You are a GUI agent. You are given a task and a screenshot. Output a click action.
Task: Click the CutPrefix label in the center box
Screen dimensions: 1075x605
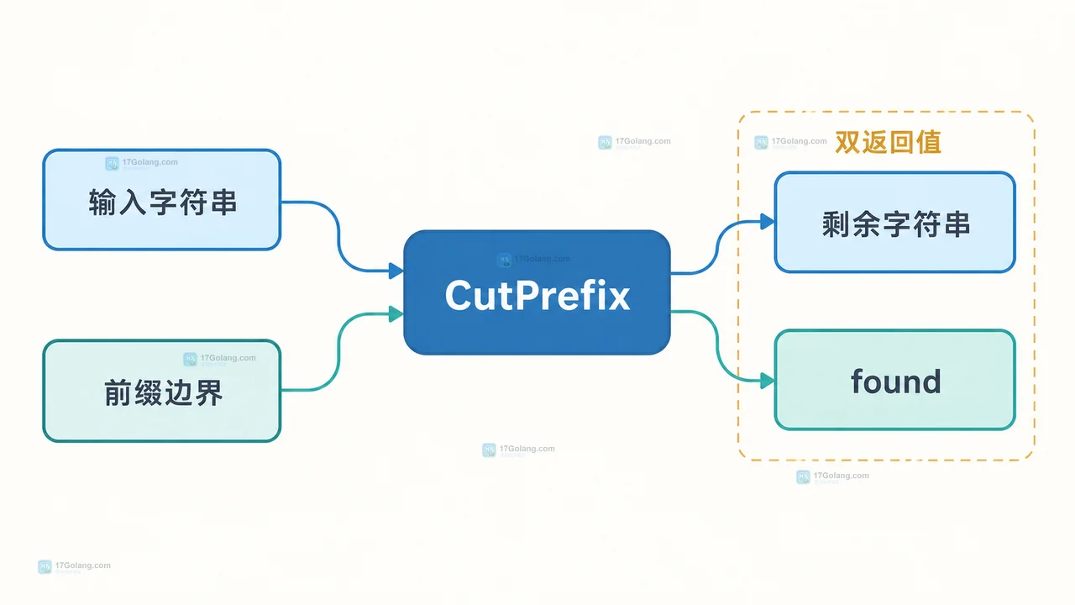pos(537,295)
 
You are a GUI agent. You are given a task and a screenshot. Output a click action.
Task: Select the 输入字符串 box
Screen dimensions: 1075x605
pos(162,199)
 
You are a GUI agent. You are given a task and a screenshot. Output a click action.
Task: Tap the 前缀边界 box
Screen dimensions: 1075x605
pos(162,391)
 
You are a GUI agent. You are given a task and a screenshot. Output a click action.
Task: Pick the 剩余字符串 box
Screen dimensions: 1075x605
pos(894,222)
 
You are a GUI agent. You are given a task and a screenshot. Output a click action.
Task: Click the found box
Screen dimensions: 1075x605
pos(894,380)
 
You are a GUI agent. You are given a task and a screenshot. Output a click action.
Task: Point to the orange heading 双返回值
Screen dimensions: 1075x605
pos(888,142)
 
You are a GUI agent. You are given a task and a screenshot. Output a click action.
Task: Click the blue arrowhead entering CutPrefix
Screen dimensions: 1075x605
pos(396,271)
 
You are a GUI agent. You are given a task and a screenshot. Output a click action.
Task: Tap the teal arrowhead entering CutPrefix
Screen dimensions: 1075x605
pos(396,314)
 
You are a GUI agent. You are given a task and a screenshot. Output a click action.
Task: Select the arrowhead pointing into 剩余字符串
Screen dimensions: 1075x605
pos(768,222)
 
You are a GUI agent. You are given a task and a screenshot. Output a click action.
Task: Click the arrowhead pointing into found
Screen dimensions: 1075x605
pos(768,381)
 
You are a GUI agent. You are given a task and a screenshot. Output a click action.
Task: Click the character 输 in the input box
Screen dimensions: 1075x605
pos(102,203)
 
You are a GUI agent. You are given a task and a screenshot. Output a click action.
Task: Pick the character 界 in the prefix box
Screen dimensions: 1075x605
pos(209,392)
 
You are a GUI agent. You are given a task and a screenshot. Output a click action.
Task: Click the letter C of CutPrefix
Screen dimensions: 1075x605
pos(461,295)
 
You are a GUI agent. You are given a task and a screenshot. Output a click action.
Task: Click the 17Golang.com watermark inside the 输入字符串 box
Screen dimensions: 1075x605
pos(142,163)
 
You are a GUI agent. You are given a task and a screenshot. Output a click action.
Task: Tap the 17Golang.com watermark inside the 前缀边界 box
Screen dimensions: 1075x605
pos(220,359)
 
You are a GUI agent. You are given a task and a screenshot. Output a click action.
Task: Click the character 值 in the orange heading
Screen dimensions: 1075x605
pos(928,142)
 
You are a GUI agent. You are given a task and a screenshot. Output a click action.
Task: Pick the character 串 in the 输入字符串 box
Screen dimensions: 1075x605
pos(223,203)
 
